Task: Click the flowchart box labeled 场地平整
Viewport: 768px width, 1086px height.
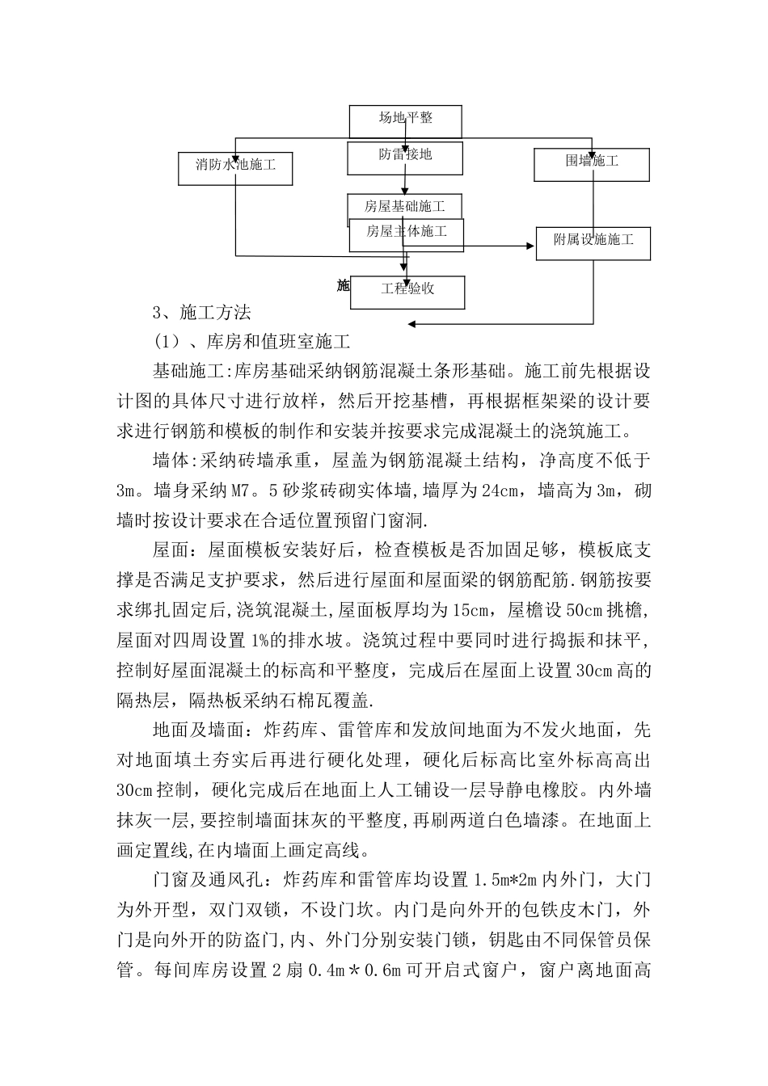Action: coord(405,119)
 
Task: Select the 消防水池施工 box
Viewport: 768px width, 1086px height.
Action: coord(234,166)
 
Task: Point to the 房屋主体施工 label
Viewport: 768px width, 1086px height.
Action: coord(407,232)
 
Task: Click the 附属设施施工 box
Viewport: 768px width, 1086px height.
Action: coord(593,241)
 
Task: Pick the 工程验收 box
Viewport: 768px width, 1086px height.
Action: coord(408,289)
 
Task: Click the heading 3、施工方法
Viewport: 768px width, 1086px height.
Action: coord(202,313)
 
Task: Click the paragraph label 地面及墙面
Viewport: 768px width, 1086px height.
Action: coord(198,730)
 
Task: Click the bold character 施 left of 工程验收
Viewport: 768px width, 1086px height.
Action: coord(343,285)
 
